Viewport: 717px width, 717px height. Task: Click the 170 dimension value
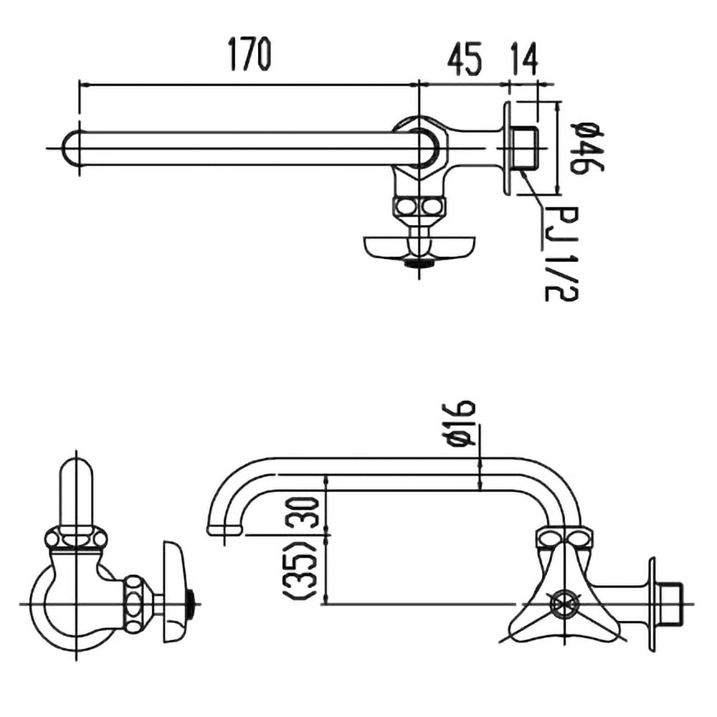point(250,54)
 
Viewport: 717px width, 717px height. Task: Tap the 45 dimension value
point(464,59)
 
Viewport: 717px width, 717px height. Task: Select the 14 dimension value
point(523,59)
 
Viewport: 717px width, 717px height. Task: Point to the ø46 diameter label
point(587,148)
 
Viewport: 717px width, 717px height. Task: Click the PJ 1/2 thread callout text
point(561,253)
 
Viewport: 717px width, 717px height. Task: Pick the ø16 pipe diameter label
point(459,423)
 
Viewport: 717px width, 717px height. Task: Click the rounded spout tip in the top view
point(72,148)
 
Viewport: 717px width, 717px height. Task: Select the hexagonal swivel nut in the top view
point(419,147)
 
